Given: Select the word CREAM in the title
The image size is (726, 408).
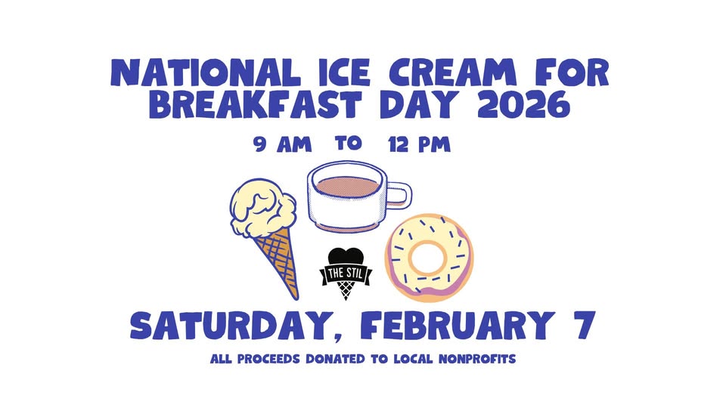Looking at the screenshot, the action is coord(452,73).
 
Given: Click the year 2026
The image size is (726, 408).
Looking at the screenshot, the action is coord(523,104).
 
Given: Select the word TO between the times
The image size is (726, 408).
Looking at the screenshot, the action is coord(348,143).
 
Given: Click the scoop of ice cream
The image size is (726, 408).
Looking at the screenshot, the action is coord(263,209).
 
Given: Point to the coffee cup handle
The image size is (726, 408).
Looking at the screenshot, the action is coord(399,194).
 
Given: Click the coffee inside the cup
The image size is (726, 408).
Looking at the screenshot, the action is coord(347,186).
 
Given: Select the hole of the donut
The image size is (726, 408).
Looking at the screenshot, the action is coord(427,256).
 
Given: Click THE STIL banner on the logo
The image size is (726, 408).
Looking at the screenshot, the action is coord(346,274).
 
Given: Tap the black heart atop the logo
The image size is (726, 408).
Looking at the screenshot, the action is coord(346,257).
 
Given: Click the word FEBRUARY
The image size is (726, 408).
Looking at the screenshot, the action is coord(457,326).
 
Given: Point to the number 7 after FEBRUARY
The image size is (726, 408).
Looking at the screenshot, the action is coord(584,326).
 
